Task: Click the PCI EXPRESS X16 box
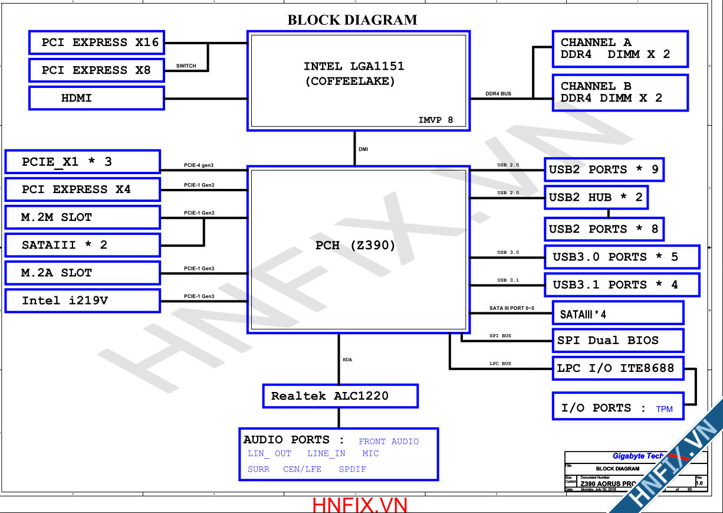[x=97, y=43]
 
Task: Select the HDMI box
[x=97, y=98]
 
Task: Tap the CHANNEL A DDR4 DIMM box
[x=620, y=48]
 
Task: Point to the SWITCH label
[x=186, y=66]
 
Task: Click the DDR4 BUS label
[x=498, y=94]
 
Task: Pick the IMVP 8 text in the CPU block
[x=436, y=120]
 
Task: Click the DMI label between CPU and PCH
[x=363, y=149]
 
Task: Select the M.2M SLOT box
[x=83, y=217]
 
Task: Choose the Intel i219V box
[x=83, y=300]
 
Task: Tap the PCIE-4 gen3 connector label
[x=199, y=165]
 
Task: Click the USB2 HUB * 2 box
[x=596, y=197]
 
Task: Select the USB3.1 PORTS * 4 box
[x=622, y=285]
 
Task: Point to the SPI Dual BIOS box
[x=617, y=341]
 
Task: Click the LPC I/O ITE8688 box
[x=617, y=368]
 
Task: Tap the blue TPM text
[x=664, y=409]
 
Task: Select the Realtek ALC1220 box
[x=340, y=396]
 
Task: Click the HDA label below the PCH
[x=347, y=360]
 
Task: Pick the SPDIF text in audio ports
[x=352, y=469]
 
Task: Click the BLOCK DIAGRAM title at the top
[x=352, y=20]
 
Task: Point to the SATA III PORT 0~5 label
[x=511, y=308]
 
